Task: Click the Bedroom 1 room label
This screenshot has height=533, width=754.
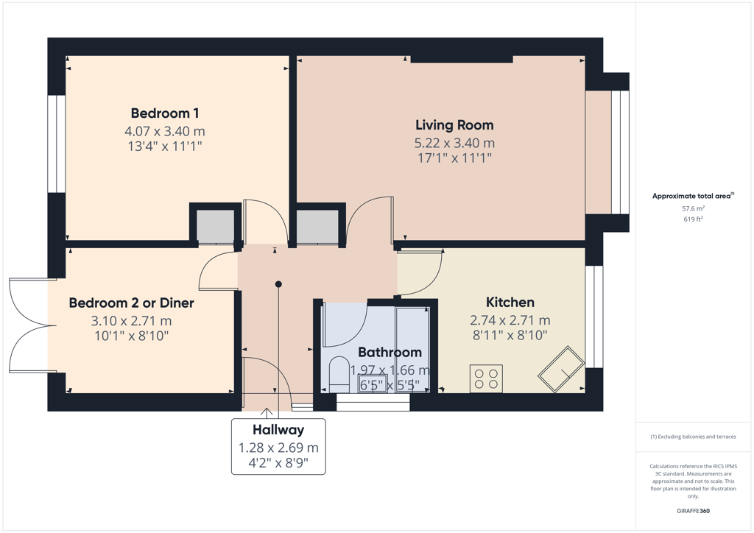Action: (x=164, y=113)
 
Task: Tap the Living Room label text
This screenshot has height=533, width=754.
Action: (x=454, y=125)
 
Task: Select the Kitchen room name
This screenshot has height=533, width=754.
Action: (x=510, y=303)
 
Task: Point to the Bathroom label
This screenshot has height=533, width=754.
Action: (x=390, y=353)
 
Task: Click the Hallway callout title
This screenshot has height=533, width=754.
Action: (x=278, y=430)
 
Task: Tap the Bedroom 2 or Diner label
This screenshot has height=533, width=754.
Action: (x=131, y=303)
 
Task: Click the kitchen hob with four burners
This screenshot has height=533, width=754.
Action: (x=486, y=378)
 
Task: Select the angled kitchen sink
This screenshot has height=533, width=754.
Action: (x=561, y=369)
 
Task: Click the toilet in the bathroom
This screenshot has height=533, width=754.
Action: (x=339, y=374)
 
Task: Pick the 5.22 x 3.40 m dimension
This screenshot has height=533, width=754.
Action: (x=454, y=144)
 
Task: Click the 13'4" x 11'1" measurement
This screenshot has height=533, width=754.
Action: (x=164, y=146)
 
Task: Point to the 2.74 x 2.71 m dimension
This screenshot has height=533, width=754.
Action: (x=510, y=320)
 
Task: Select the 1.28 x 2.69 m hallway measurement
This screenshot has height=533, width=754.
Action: (x=278, y=448)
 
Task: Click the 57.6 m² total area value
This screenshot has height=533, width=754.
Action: (x=693, y=208)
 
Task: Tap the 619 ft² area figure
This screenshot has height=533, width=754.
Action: (x=693, y=219)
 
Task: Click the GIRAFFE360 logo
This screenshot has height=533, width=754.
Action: (x=693, y=511)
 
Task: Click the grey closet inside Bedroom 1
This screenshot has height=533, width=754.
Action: (x=215, y=225)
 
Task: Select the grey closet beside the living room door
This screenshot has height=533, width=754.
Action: (x=317, y=225)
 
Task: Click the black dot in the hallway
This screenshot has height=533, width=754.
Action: (x=278, y=284)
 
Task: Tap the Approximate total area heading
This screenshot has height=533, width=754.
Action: (x=693, y=196)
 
